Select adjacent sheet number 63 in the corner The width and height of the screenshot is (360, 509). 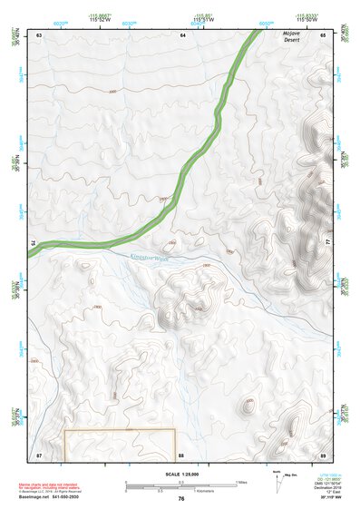pos(39,34)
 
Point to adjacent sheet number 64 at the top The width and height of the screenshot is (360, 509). pos(182,34)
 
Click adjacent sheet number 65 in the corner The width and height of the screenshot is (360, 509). pos(323,34)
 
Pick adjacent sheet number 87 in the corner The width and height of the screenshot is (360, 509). pos(39,453)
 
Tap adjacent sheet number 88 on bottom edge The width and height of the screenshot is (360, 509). pos(181,453)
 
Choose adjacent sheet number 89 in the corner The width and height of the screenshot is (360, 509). pos(323,453)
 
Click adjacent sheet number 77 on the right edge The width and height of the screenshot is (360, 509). pos(328,241)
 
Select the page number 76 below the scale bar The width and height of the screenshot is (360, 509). pos(181,499)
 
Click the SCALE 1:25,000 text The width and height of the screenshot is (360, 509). pos(181,474)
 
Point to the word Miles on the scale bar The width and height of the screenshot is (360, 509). pos(241,481)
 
